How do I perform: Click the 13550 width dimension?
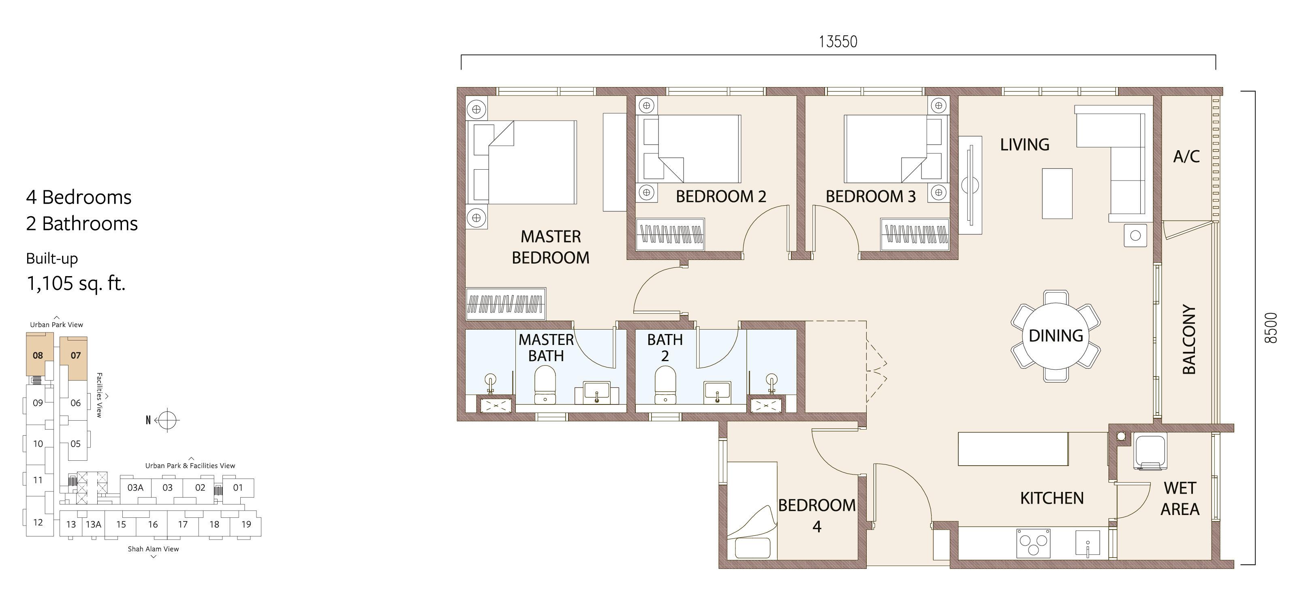838,41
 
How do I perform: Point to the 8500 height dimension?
1270,328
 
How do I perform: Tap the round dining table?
1056,336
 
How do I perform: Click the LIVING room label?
1025,145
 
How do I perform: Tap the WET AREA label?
1180,499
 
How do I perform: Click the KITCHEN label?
1051,498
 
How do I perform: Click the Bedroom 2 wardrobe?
671,234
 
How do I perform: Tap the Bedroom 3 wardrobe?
915,234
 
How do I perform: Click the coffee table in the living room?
1057,194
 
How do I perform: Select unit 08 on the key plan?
38,355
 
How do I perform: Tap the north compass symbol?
167,420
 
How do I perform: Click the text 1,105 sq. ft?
76,283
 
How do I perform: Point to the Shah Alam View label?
153,549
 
